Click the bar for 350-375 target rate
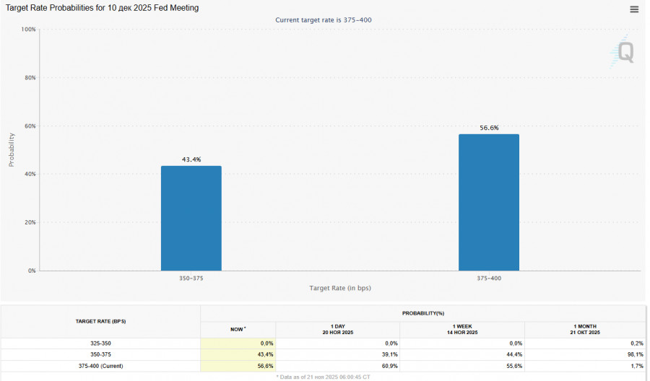[191, 218]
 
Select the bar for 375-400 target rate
[488, 202]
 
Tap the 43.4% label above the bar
[191, 159]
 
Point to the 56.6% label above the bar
[489, 128]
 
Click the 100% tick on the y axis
[29, 30]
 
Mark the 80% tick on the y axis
[30, 78]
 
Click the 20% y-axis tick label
[30, 222]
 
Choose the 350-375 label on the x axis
[191, 278]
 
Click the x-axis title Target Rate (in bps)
[340, 288]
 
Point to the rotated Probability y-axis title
[12, 149]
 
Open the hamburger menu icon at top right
[634, 9]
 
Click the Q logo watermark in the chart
[623, 52]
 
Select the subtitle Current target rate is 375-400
[324, 19]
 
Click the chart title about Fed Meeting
[103, 8]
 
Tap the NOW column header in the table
[238, 329]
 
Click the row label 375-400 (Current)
[101, 366]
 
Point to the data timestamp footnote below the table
[324, 377]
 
